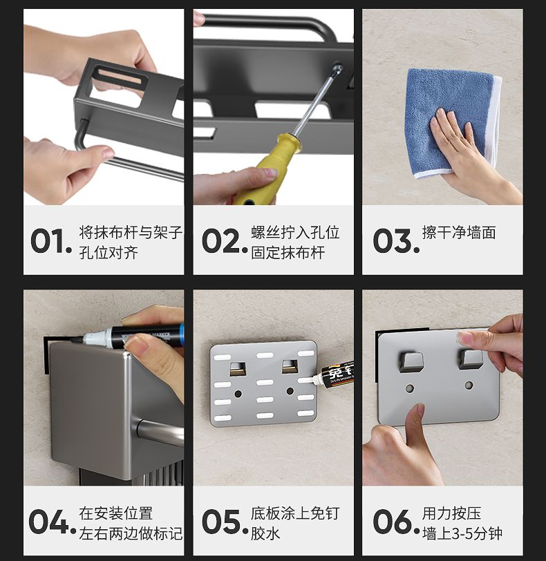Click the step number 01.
click(51, 240)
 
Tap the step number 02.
click(225, 240)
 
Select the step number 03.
click(396, 240)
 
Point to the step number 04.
click(53, 522)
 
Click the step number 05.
click(225, 522)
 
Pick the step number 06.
click(396, 522)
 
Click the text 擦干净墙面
click(459, 233)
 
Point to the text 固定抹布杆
click(288, 253)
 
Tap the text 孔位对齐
click(109, 253)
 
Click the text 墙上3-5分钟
click(462, 533)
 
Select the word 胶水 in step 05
click(265, 533)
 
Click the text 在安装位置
click(116, 513)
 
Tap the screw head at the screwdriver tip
click(337, 68)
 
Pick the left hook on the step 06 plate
click(411, 362)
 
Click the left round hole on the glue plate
click(238, 394)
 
